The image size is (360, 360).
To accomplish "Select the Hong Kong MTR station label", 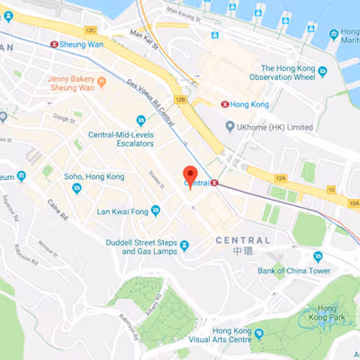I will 249,104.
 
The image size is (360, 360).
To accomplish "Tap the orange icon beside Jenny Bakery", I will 103,82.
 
